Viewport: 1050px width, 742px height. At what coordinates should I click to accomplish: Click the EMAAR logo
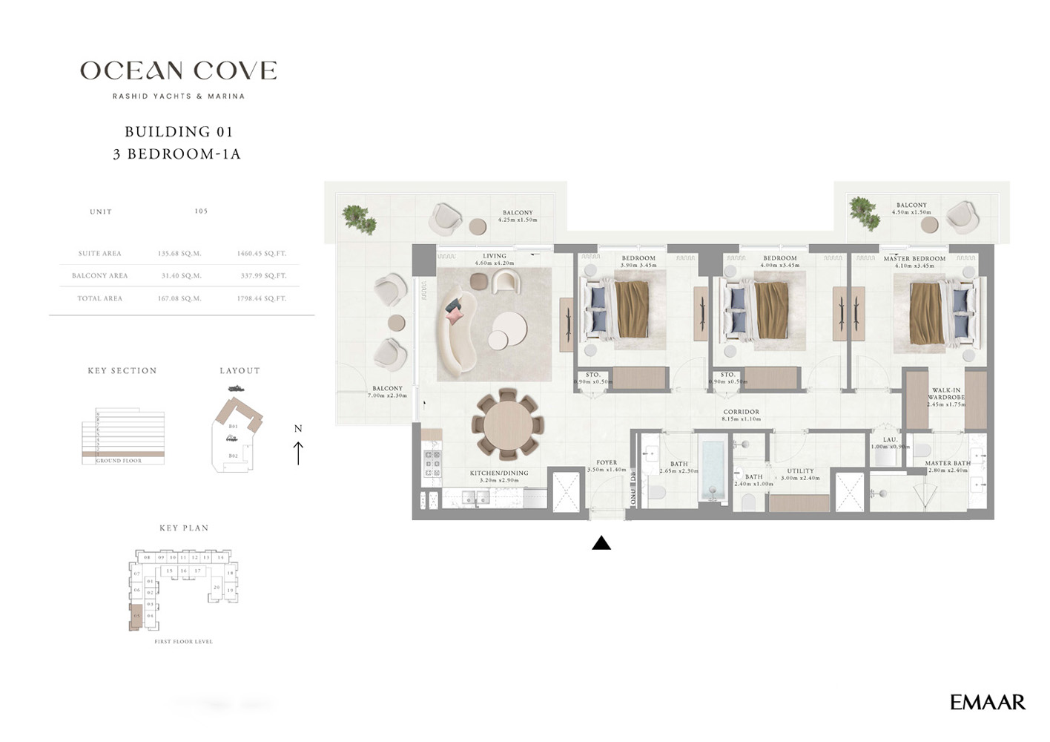pos(987,702)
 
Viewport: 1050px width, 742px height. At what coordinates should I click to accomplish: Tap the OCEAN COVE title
pos(178,71)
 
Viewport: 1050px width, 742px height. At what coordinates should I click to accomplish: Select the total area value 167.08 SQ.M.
pos(179,298)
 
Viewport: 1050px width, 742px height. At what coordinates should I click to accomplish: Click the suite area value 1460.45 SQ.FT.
pos(261,254)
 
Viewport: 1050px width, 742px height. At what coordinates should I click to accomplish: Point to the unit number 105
pos(201,211)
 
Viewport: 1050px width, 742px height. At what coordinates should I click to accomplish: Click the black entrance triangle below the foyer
pos(601,544)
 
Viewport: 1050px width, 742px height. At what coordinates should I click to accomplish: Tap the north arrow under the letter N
pos(298,452)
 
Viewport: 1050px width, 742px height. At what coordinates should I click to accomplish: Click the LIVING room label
pos(494,256)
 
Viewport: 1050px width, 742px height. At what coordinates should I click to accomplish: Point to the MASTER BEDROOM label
pos(914,259)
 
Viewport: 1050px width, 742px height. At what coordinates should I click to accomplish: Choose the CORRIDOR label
pos(741,412)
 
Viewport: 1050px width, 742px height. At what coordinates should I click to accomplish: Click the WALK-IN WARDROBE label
pos(945,394)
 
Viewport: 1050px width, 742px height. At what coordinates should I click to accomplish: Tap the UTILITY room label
pos(800,471)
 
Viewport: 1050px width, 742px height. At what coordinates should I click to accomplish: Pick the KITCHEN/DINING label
pos(499,473)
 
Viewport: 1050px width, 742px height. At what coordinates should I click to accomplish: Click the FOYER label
pos(607,462)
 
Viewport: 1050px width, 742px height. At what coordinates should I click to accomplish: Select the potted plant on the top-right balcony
pos(863,212)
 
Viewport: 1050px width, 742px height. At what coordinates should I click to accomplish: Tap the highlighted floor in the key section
pos(123,453)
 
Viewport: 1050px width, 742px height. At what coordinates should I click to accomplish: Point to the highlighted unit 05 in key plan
pos(136,617)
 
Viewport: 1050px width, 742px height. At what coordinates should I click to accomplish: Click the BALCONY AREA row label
pos(99,276)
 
